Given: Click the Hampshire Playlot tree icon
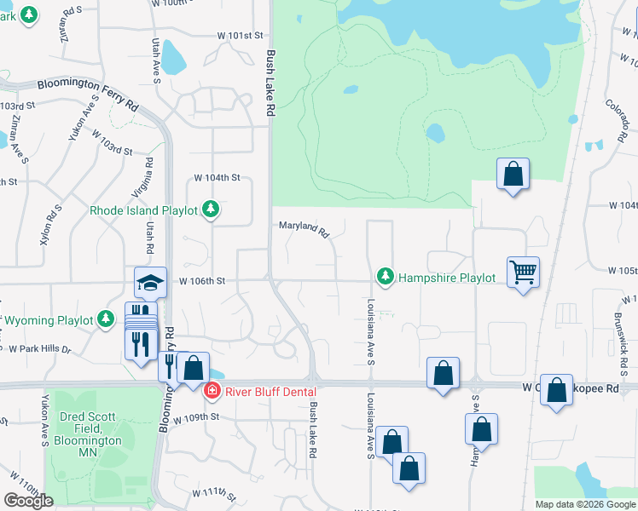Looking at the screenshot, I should tap(386, 277).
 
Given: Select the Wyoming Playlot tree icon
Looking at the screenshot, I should tap(105, 319).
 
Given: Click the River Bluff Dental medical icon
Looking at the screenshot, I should tap(211, 391).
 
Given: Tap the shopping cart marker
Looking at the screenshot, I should tap(523, 273).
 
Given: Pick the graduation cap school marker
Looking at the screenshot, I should tap(150, 283).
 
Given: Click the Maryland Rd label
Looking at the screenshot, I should tap(304, 228).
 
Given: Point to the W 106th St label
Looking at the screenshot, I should tap(201, 280).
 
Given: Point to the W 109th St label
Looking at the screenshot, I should tap(196, 418).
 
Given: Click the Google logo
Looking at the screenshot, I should tap(27, 501).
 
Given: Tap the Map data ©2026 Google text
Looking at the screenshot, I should tap(584, 504).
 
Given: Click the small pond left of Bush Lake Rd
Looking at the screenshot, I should tap(174, 58).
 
